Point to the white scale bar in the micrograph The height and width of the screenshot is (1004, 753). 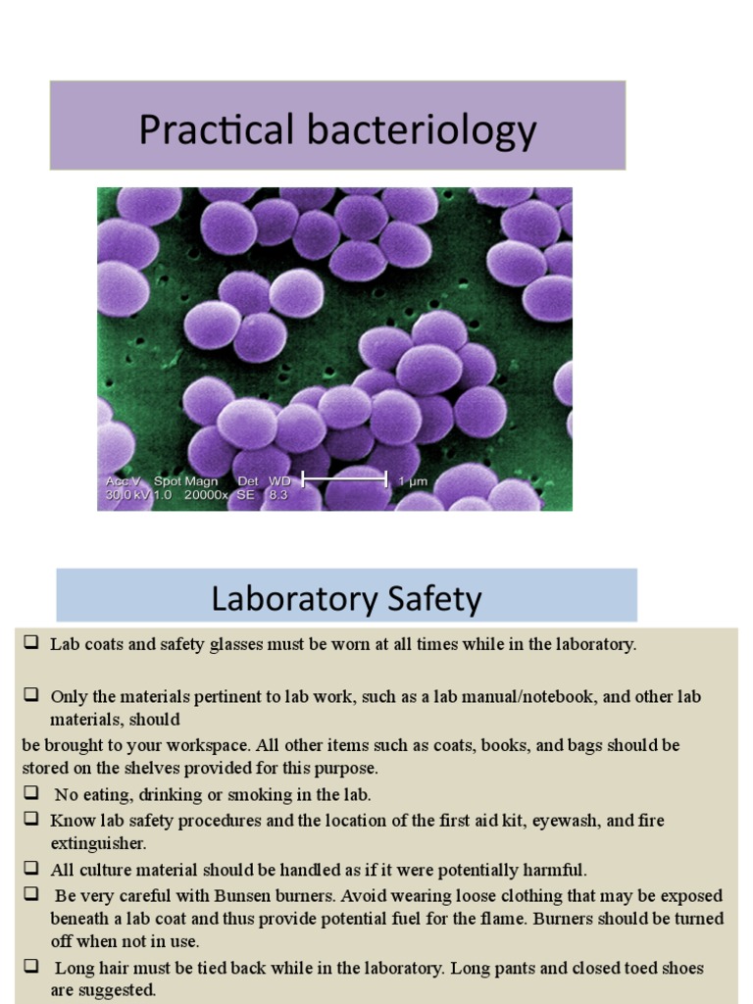[x=344, y=479]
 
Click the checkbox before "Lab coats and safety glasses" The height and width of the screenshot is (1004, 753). [x=31, y=643]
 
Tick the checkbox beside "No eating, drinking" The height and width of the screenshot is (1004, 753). [x=31, y=792]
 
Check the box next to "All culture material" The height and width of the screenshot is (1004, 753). [x=31, y=868]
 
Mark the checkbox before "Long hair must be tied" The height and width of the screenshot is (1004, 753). [x=31, y=967]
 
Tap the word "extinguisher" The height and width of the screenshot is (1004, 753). [x=98, y=843]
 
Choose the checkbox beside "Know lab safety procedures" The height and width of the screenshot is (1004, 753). [x=31, y=818]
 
